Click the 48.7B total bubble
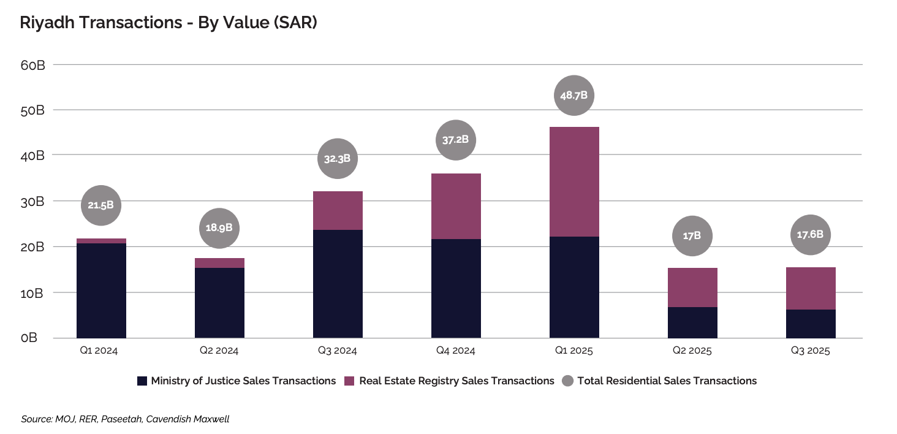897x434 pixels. pos(574,96)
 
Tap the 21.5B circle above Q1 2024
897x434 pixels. pos(101,205)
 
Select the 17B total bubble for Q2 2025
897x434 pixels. pos(692,235)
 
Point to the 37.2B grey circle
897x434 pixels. pos(455,140)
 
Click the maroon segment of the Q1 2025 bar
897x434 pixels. pos(574,181)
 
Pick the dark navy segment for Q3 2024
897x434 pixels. pos(338,284)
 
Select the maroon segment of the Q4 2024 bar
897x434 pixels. pos(456,206)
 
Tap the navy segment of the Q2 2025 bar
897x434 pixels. pos(692,322)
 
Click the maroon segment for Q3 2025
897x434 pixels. pos(811,288)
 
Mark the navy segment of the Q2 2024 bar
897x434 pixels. pos(219,303)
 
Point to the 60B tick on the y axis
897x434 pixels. pos(33,65)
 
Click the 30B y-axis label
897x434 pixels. pos(33,202)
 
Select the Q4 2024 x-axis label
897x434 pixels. pos(456,351)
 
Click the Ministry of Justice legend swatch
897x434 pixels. pos(142,381)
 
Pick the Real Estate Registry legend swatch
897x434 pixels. pos(350,381)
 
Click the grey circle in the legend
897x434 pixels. pos(568,381)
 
